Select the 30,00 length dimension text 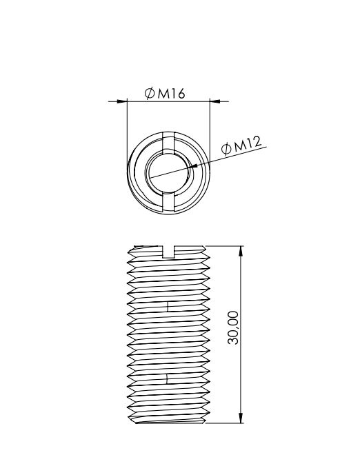pos(233,327)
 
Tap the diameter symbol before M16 pos(150,93)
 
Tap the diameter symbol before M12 pos(226,149)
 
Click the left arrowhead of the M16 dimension pos(122,101)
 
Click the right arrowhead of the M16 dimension pos(215,101)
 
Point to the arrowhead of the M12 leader pos(192,166)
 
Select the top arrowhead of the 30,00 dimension pos(241,251)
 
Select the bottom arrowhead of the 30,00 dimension pos(241,418)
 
